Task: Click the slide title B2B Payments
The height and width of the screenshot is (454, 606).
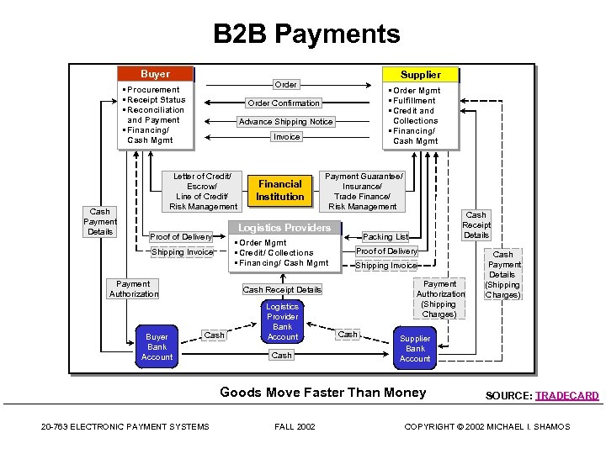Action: [306, 34]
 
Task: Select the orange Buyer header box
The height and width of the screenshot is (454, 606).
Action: [155, 74]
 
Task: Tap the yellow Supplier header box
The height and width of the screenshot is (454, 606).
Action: [420, 74]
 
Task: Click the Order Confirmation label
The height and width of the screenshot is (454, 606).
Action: [283, 103]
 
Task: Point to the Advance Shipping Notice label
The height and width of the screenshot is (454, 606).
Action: [285, 122]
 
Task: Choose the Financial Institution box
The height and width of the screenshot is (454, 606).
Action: [280, 190]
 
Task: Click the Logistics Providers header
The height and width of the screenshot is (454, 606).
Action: [284, 228]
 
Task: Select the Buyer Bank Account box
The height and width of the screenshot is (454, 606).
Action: [157, 347]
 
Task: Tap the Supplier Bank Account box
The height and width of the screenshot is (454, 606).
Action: [415, 349]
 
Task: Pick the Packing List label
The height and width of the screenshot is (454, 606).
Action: [385, 237]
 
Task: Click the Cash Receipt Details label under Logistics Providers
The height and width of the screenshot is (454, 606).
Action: [282, 290]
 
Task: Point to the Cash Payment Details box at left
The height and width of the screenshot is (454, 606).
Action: [100, 222]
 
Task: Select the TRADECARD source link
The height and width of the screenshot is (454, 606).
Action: [566, 396]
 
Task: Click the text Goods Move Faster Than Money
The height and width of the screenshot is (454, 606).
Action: [322, 393]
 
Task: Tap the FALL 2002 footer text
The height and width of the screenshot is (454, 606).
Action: [295, 427]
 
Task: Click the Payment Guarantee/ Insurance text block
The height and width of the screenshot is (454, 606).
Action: [364, 191]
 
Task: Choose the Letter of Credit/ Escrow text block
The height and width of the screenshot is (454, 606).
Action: [203, 191]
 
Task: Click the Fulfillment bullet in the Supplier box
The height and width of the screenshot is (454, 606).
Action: [414, 101]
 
